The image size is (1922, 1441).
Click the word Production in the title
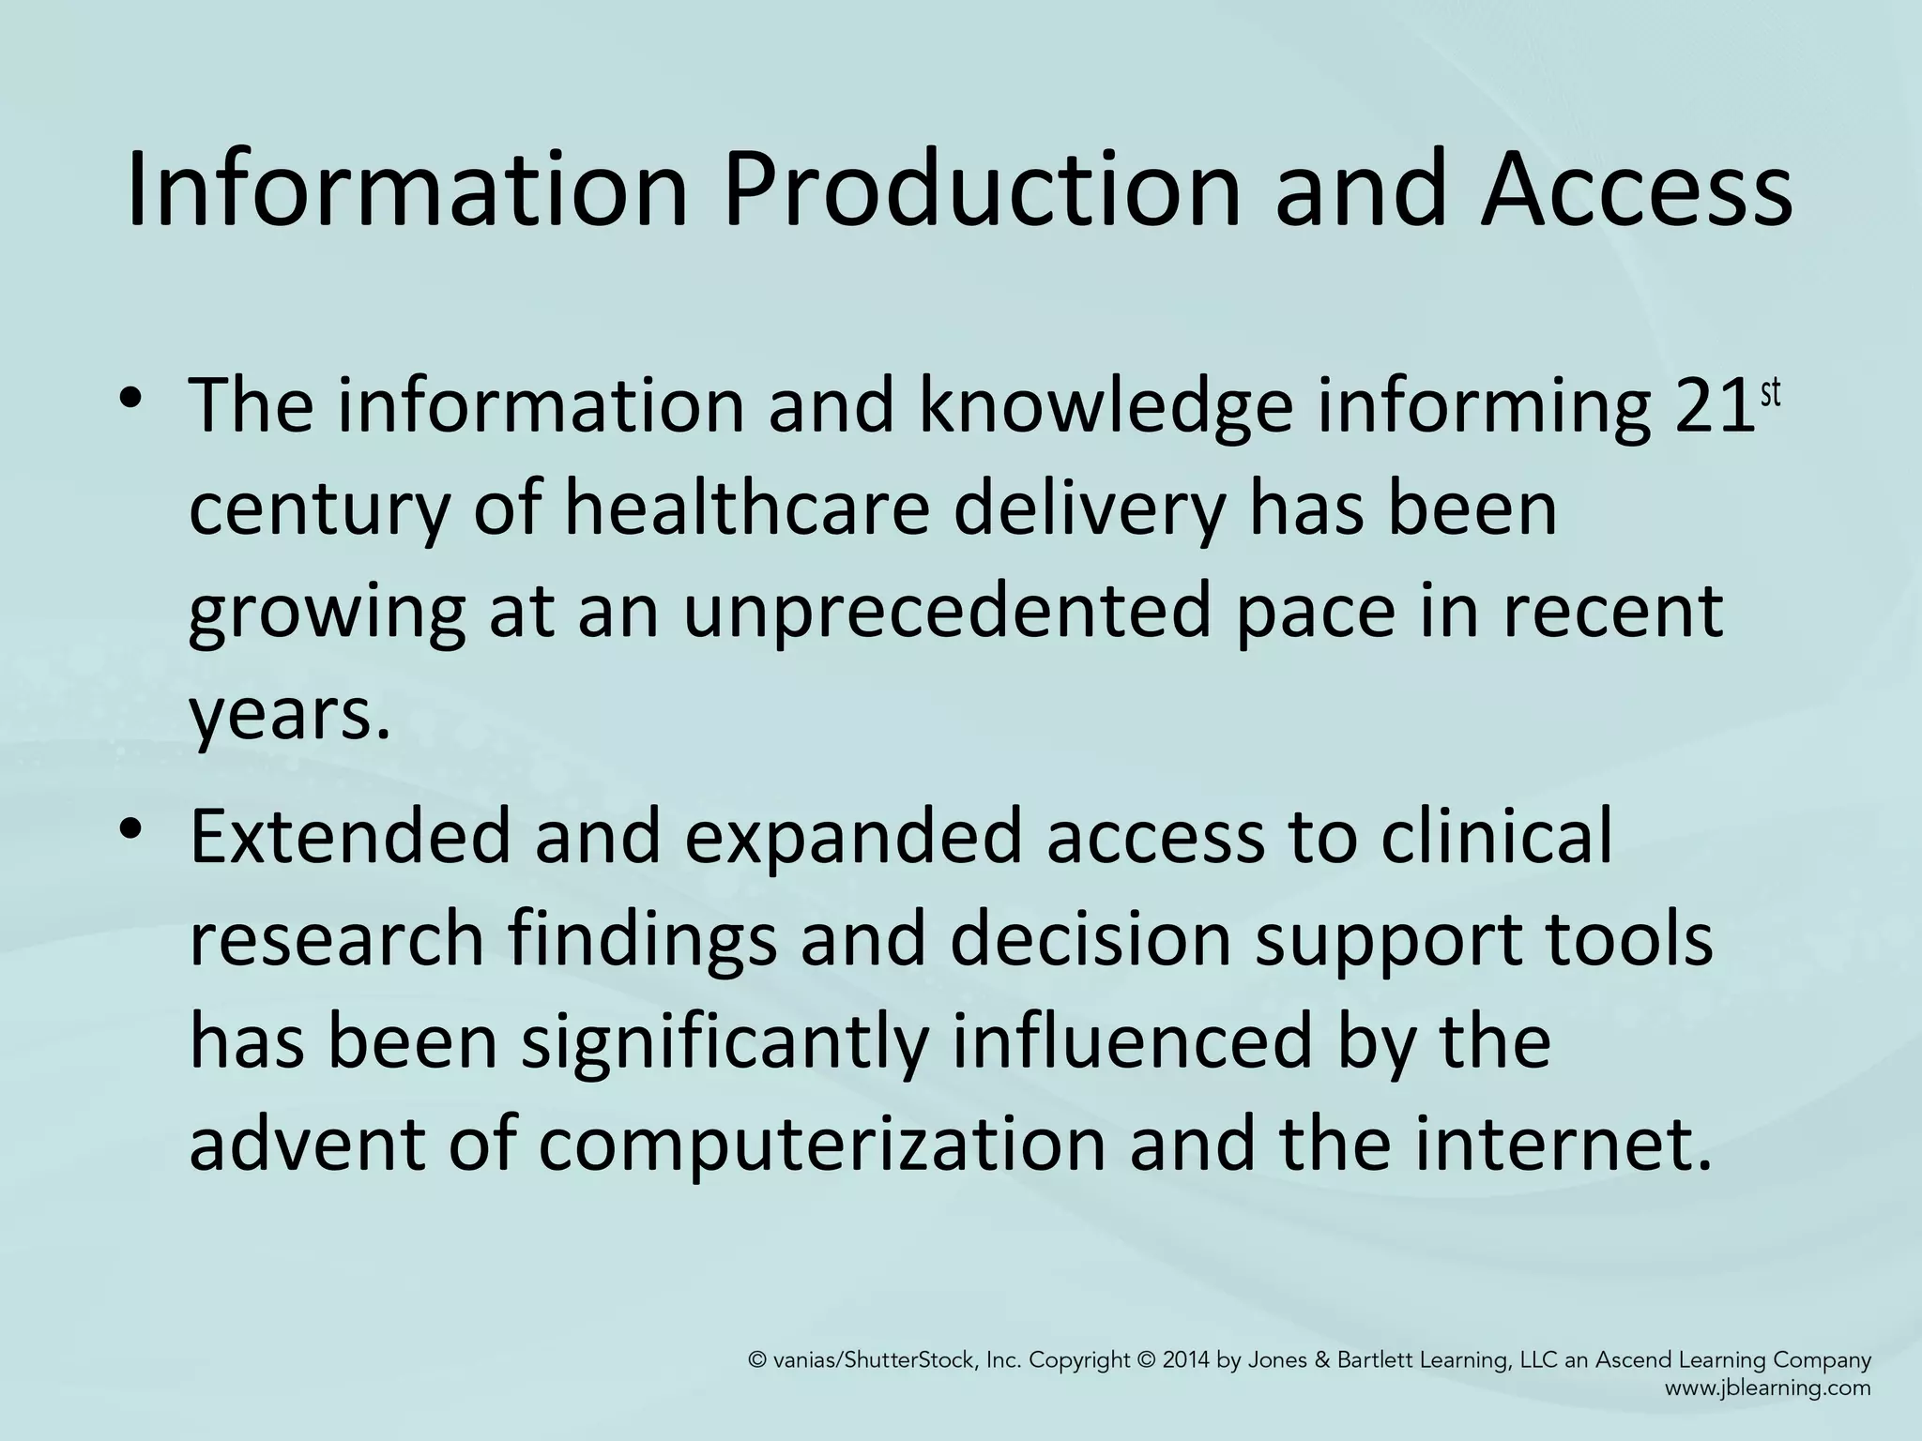point(980,192)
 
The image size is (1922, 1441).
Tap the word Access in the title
point(1636,192)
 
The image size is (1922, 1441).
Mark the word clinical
point(1497,836)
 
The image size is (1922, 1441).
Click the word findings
point(643,939)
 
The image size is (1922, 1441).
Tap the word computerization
point(822,1145)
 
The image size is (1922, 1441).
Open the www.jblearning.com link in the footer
point(1767,1388)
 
